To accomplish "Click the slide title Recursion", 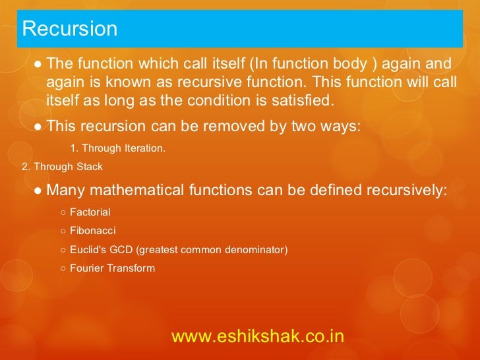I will pyautogui.click(x=69, y=29).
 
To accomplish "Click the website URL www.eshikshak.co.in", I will pyautogui.click(x=258, y=336).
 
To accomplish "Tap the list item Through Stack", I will pyautogui.click(x=63, y=167).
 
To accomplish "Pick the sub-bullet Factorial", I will pyautogui.click(x=90, y=212).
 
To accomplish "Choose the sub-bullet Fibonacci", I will pyautogui.click(x=92, y=231).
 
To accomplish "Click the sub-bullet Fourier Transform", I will pyautogui.click(x=112, y=268).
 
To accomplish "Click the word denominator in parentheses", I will pyautogui.click(x=254, y=250).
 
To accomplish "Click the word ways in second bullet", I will pyautogui.click(x=337, y=125).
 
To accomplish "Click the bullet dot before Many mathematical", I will pyautogui.click(x=39, y=191).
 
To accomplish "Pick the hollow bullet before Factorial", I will pyautogui.click(x=62, y=213).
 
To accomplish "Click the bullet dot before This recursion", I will pyautogui.click(x=39, y=126).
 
